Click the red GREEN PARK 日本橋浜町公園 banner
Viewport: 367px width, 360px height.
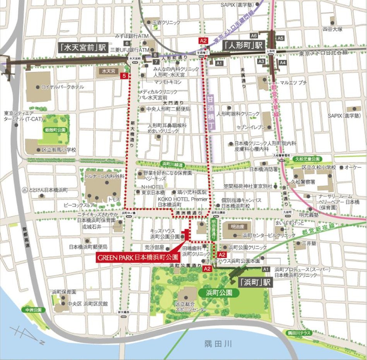tap(137, 257)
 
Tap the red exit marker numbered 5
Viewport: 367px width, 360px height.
tap(124, 76)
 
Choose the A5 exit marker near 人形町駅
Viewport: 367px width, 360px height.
tap(281, 38)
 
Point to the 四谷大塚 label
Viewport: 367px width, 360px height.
tap(333, 29)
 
